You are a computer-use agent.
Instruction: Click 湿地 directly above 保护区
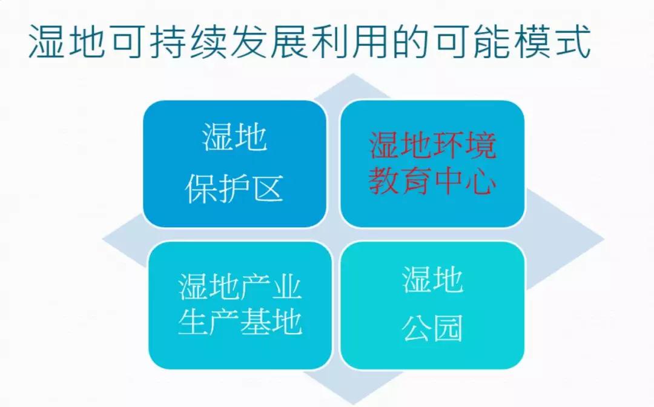point(234,137)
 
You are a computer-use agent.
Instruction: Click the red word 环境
point(464,145)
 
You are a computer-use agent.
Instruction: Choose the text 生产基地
point(240,322)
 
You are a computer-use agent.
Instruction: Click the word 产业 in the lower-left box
point(271,286)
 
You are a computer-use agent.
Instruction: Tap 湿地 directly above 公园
point(432,279)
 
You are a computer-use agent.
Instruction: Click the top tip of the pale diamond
point(353,74)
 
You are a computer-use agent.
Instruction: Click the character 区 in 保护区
point(268,189)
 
